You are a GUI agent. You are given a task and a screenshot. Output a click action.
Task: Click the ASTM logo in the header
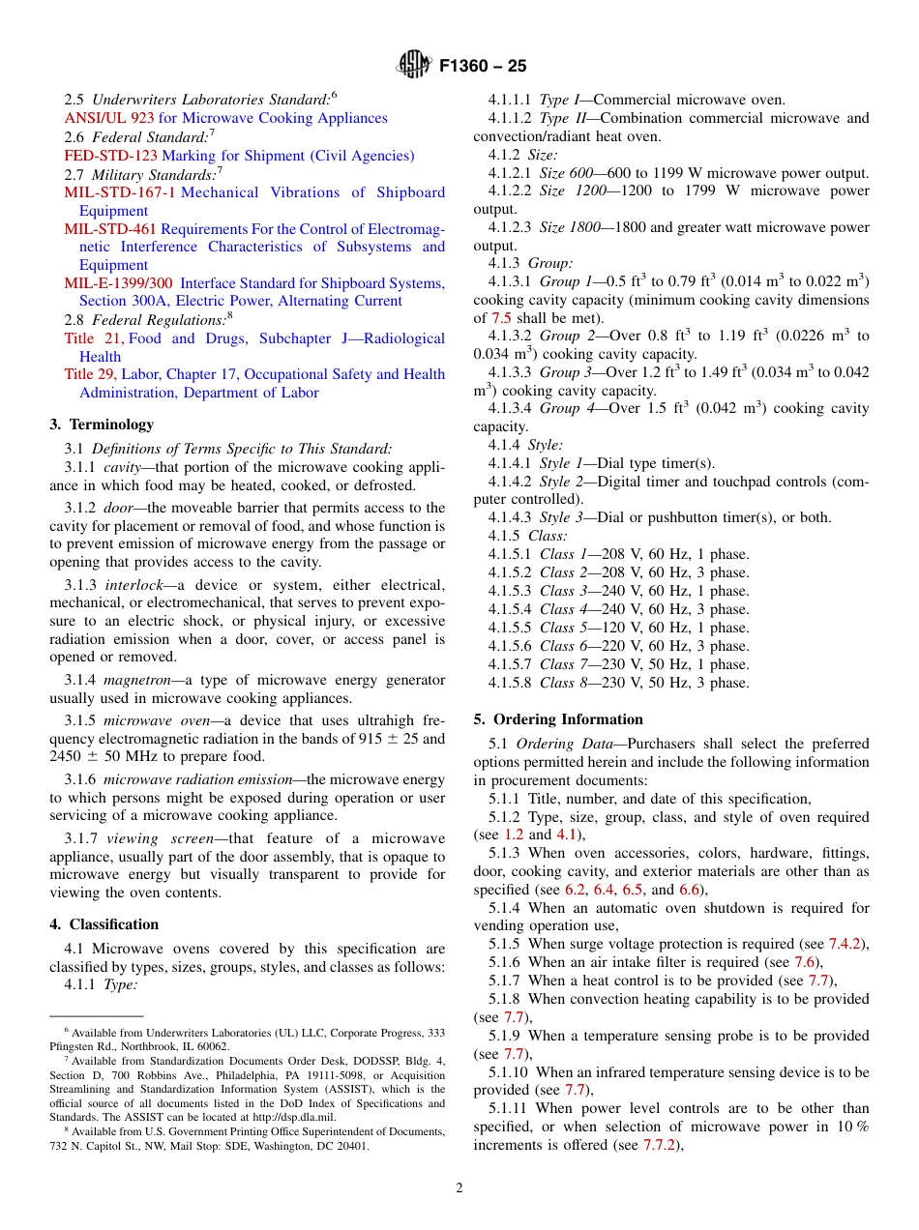click(x=414, y=66)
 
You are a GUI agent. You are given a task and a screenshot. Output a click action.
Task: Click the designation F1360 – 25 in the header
click(x=483, y=67)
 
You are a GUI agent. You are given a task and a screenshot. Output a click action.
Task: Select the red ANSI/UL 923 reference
click(x=109, y=118)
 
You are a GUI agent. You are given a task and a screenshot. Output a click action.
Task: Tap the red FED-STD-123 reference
click(x=110, y=156)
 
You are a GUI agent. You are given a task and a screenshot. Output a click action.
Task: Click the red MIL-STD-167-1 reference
click(x=120, y=192)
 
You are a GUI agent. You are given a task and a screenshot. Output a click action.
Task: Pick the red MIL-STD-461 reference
click(x=109, y=229)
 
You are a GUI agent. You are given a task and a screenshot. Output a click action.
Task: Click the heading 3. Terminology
click(x=102, y=425)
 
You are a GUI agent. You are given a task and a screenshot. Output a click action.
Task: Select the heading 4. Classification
click(x=104, y=924)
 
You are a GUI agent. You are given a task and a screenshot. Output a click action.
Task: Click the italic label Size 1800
click(x=570, y=227)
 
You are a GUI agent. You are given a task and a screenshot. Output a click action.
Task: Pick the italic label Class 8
click(x=563, y=683)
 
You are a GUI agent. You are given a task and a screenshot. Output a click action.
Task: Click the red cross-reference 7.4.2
click(x=847, y=944)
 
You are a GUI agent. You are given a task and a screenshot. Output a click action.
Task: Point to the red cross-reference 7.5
click(x=502, y=318)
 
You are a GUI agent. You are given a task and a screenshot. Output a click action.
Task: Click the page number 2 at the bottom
click(x=459, y=1188)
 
